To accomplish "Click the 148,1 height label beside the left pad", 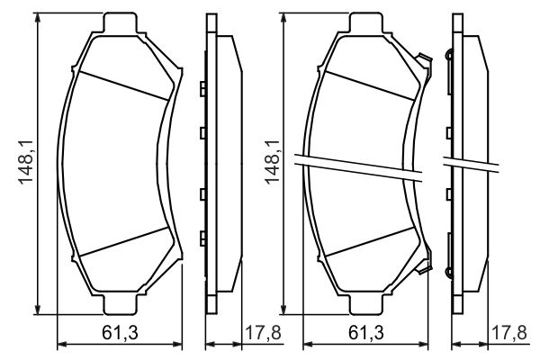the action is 26,162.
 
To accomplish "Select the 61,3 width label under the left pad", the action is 120,333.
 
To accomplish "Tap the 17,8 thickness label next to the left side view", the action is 263,333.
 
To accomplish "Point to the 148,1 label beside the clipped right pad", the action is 272,162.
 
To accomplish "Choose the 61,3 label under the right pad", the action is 365,333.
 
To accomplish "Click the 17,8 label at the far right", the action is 509,333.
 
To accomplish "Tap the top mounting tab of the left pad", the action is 120,22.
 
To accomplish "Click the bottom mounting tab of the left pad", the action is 120,305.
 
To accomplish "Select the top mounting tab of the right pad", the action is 365,22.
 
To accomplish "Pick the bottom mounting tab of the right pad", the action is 365,305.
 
